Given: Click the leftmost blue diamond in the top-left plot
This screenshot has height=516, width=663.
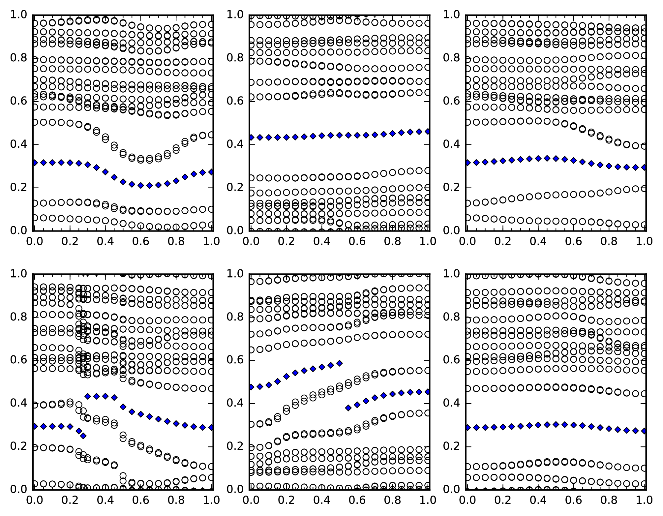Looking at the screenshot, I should pyautogui.click(x=34, y=163).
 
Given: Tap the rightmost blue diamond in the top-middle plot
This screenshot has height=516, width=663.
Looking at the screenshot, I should pyautogui.click(x=428, y=132).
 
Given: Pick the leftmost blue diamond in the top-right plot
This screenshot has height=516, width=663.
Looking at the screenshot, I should pyautogui.click(x=467, y=163).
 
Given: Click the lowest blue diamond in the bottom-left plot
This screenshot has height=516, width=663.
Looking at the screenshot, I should pyautogui.click(x=83, y=436).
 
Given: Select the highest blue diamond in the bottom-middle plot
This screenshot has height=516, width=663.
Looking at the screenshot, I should pyautogui.click(x=340, y=363).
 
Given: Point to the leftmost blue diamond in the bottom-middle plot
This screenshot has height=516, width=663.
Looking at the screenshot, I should pyautogui.click(x=251, y=387).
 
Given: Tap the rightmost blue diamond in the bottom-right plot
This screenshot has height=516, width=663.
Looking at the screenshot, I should pyautogui.click(x=645, y=431).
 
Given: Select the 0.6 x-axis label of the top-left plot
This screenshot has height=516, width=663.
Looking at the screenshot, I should pyautogui.click(x=141, y=241).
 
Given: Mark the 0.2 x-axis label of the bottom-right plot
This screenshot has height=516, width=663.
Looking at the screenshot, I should pyautogui.click(x=503, y=500).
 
